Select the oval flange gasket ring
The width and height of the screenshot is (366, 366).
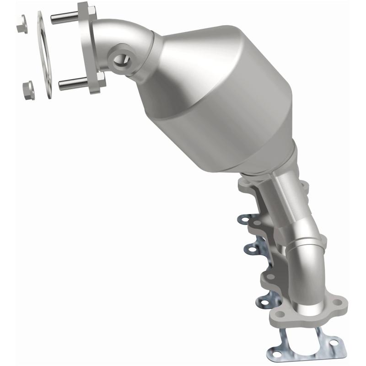tap(44, 55)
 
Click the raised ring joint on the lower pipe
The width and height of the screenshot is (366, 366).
tap(306, 242)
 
